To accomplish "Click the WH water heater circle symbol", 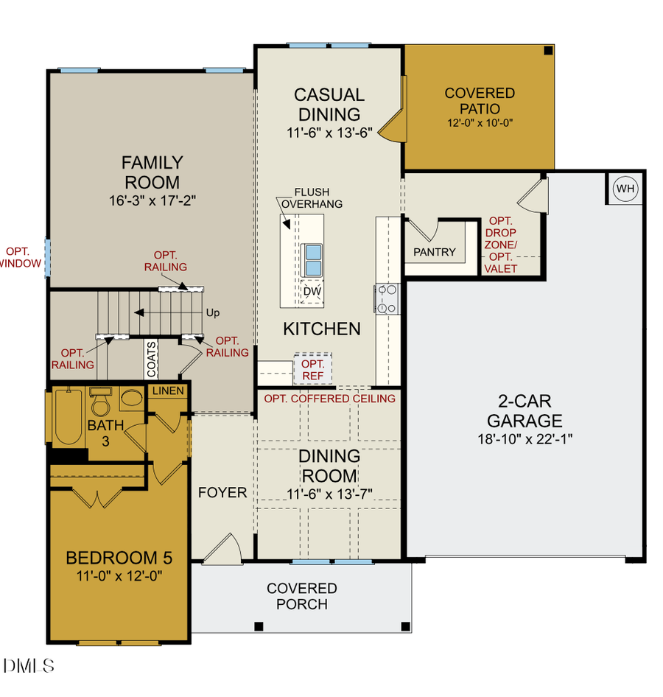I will click(625, 189).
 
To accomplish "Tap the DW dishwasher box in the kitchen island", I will click(312, 290).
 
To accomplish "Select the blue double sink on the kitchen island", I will click(312, 257).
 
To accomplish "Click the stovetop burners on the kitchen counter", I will click(387, 298).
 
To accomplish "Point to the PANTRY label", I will click(434, 252).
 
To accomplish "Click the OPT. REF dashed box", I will click(313, 370).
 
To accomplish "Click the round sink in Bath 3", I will click(132, 399).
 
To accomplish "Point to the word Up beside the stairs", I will click(213, 313).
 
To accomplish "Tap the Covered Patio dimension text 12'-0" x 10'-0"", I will click(480, 123).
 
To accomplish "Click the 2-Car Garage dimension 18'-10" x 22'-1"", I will click(525, 438).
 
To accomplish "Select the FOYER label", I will click(222, 492).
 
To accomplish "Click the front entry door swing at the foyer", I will click(223, 549).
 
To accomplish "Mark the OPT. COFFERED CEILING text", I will click(329, 399).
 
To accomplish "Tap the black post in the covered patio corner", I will click(548, 51).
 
